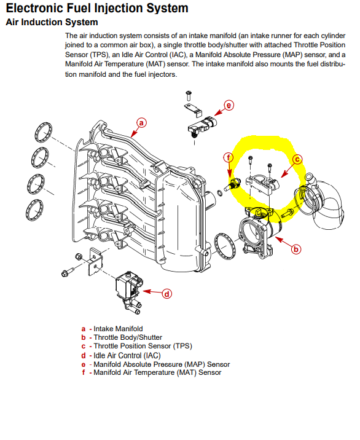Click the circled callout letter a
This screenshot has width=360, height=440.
(x=141, y=123)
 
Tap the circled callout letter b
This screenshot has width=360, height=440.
(x=295, y=249)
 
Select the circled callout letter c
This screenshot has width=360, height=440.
(x=297, y=159)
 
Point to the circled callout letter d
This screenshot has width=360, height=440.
(x=166, y=294)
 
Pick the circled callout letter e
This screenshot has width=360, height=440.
(x=229, y=105)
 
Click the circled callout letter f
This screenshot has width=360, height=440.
(x=229, y=157)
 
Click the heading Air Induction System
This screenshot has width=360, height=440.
(x=52, y=22)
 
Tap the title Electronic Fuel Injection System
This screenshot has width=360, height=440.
(x=97, y=8)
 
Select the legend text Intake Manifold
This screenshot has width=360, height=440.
(x=118, y=329)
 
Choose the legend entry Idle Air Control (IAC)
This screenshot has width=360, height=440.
(x=127, y=355)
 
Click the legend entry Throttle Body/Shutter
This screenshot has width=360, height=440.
(x=128, y=337)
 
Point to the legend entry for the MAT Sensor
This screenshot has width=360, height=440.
(x=157, y=372)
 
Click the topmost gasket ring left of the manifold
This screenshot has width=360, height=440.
(x=44, y=132)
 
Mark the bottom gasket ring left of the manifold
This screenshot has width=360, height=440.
(x=35, y=210)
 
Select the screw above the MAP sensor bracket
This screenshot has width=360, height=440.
(x=189, y=95)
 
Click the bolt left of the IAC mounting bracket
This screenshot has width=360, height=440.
(x=68, y=272)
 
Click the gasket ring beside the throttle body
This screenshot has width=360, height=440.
(x=225, y=246)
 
